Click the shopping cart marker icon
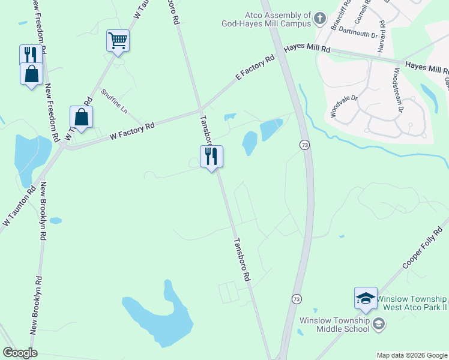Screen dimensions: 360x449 tap(118, 41)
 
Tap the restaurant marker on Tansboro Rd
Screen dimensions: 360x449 tap(211, 156)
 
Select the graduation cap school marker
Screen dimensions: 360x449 tap(366, 298)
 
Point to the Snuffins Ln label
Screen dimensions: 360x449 tap(114, 101)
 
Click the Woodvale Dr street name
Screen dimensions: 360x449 tap(343, 106)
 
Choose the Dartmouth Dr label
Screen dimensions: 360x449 tap(358, 32)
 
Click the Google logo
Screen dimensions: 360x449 tap(20, 353)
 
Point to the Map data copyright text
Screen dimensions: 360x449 tap(411, 355)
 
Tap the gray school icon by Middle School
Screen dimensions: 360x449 tap(379, 325)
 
